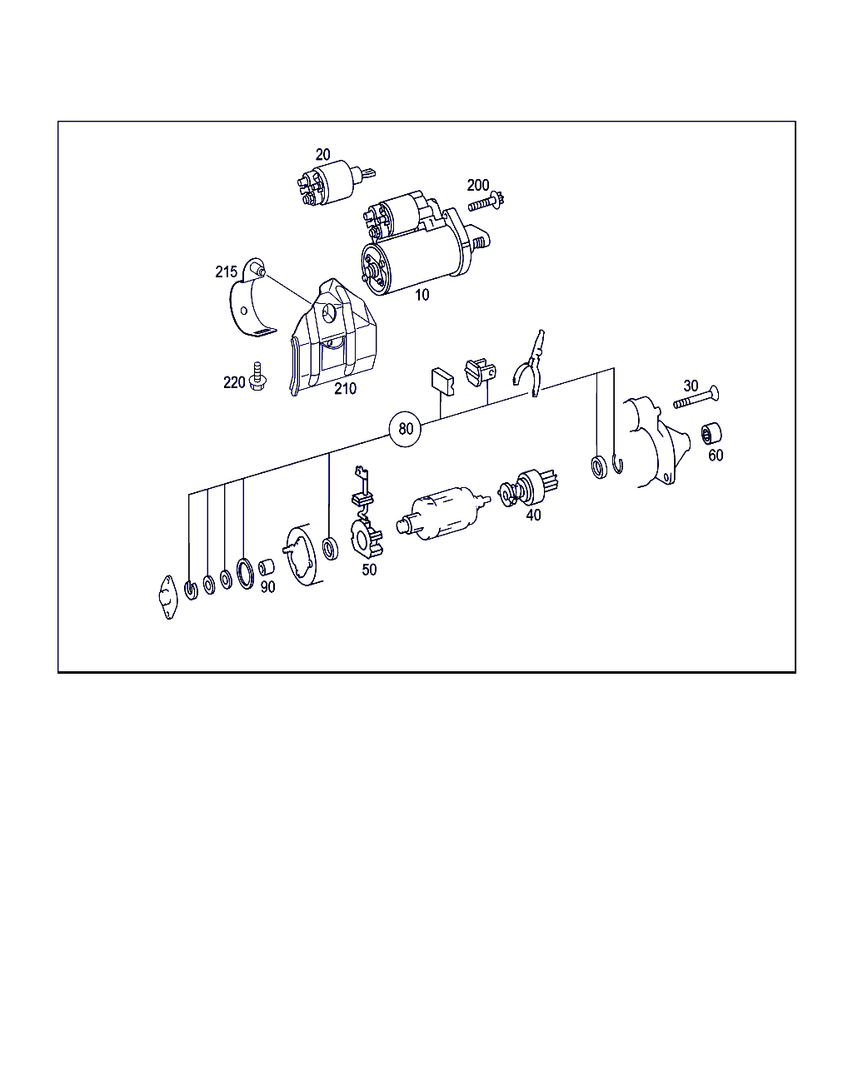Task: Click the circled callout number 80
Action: (x=406, y=429)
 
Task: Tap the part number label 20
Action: (x=322, y=155)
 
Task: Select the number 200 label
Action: (x=478, y=185)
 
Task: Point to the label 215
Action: (x=226, y=272)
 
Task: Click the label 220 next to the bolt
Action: (x=234, y=382)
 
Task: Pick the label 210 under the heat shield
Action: (x=345, y=389)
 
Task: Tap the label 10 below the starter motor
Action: (x=422, y=295)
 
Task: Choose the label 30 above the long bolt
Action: (x=691, y=386)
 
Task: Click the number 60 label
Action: (x=716, y=456)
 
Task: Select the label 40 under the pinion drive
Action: (x=533, y=516)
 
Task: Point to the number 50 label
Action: (x=369, y=570)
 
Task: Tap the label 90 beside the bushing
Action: (x=267, y=587)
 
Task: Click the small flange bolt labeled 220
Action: (x=257, y=376)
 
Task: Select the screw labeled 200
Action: (x=486, y=202)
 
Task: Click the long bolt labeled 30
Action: (x=696, y=398)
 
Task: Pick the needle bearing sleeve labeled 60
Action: (x=711, y=434)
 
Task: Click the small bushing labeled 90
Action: (x=267, y=567)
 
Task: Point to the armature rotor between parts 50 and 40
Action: (x=442, y=513)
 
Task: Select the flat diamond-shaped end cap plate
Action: (x=168, y=597)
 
